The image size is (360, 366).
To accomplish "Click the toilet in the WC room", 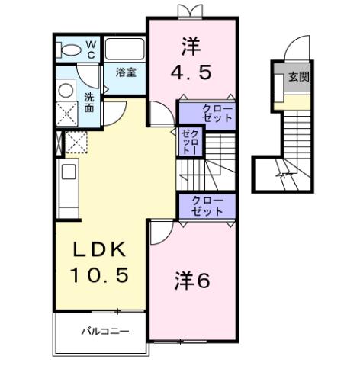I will click(x=72, y=50).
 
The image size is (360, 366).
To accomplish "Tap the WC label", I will click(x=91, y=50).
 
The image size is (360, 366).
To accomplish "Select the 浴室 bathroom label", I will click(x=126, y=72).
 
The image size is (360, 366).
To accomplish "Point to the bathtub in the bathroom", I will click(x=124, y=49).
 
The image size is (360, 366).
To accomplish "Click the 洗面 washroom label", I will click(x=89, y=102).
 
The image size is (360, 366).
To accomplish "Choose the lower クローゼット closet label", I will click(x=207, y=206).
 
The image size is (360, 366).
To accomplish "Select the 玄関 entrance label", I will click(x=299, y=77).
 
